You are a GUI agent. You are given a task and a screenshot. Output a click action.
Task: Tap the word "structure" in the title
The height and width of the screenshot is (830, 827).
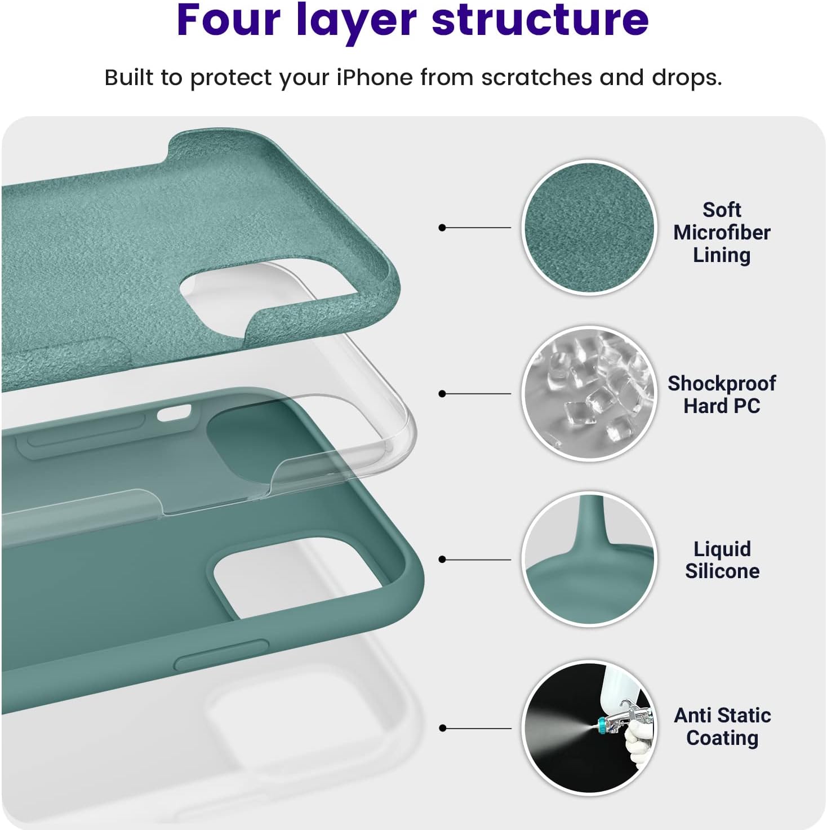pos(540,21)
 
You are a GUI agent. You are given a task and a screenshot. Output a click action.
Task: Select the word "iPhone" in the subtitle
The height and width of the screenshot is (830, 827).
pos(374,78)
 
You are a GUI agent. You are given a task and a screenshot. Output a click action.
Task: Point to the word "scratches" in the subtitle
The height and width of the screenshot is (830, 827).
pos(537,78)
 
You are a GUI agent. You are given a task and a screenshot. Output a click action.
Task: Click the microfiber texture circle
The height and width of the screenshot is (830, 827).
pos(589,228)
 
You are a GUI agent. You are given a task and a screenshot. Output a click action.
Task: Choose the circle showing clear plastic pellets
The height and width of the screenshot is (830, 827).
pos(589,394)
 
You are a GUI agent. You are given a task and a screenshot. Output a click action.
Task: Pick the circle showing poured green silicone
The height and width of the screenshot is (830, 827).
pos(589,560)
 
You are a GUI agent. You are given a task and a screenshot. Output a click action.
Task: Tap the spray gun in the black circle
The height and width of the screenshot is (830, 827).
pos(625,718)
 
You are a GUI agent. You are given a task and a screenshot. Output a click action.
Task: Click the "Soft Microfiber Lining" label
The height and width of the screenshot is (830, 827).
pos(722,233)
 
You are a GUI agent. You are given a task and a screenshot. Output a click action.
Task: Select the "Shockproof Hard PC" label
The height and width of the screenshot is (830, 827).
pos(722,394)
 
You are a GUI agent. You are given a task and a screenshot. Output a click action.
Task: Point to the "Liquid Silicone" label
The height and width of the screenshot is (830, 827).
pos(722,560)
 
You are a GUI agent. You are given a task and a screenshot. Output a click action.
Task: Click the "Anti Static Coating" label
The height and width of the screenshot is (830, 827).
pos(722,727)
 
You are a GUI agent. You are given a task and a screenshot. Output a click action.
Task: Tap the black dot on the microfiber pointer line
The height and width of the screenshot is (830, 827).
pos(442,228)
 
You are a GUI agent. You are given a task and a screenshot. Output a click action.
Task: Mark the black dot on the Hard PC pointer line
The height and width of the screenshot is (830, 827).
pos(442,394)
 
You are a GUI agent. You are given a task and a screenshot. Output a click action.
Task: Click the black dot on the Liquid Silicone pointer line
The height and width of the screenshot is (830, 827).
pos(442,560)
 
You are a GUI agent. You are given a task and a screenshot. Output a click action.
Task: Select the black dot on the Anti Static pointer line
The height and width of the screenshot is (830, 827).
pos(442,728)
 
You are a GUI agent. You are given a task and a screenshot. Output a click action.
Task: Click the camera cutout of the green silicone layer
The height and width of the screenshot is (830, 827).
pos(297,577)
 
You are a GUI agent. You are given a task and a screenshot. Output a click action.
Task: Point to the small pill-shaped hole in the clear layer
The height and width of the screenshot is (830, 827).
pos(174,413)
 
